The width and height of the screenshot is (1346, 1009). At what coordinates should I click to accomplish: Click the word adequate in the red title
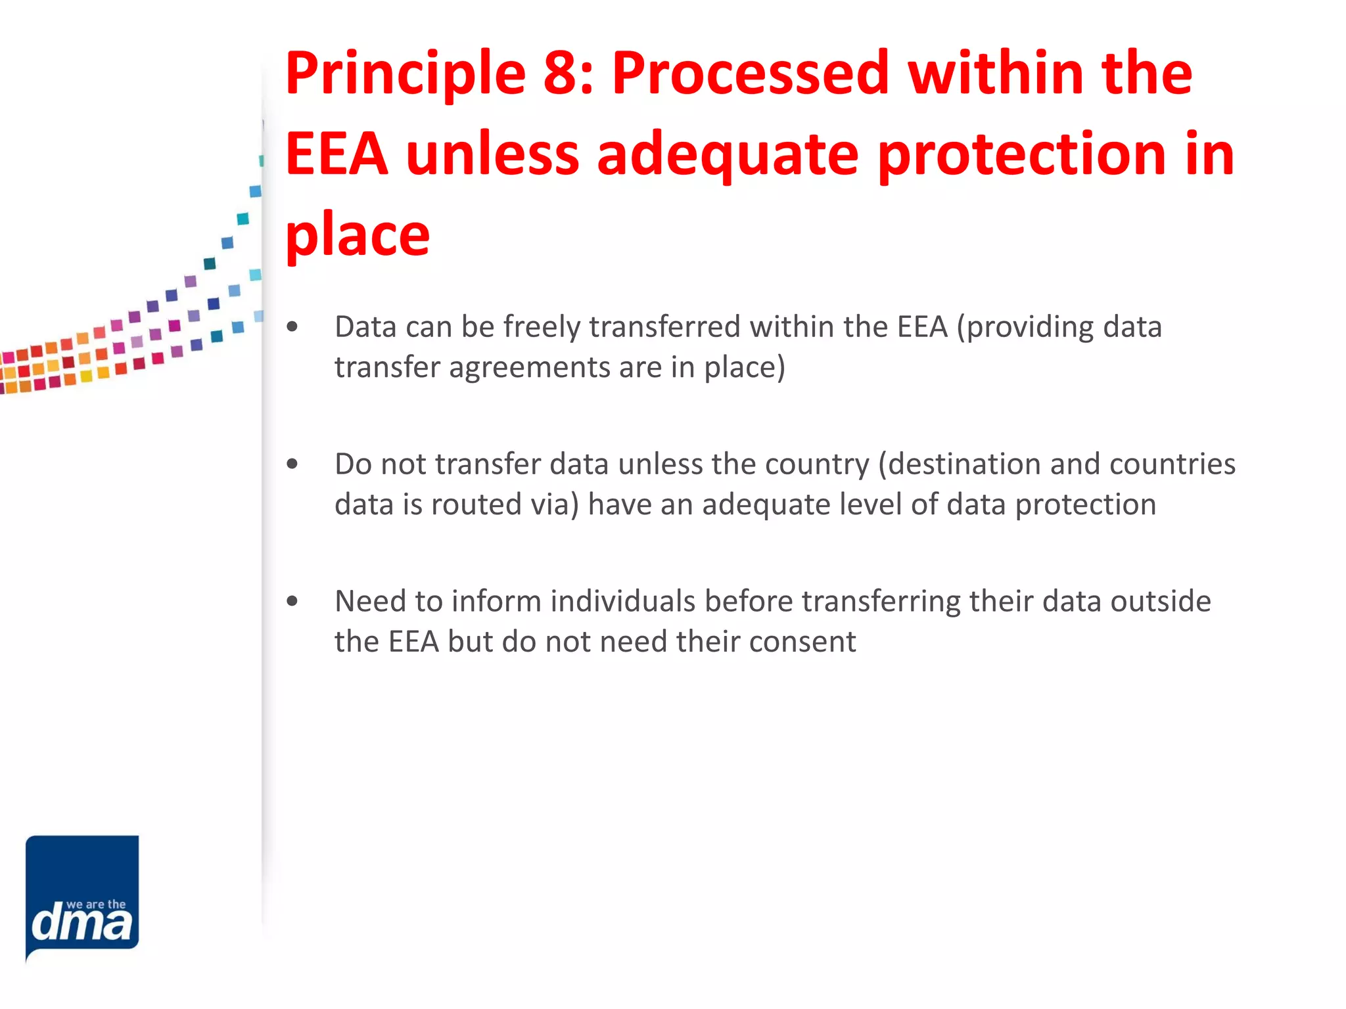(727, 156)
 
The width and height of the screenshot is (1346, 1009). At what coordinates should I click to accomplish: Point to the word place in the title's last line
(358, 237)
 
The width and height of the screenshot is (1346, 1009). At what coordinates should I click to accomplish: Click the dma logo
(82, 897)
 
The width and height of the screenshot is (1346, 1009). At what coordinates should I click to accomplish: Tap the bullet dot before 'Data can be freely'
(292, 326)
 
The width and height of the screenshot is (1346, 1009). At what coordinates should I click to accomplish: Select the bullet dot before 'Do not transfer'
(292, 464)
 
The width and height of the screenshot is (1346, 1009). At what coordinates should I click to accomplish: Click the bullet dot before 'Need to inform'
(292, 601)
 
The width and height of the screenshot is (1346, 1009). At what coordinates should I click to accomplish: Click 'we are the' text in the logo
(96, 905)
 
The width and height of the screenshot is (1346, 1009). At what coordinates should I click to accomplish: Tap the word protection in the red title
(1021, 156)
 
